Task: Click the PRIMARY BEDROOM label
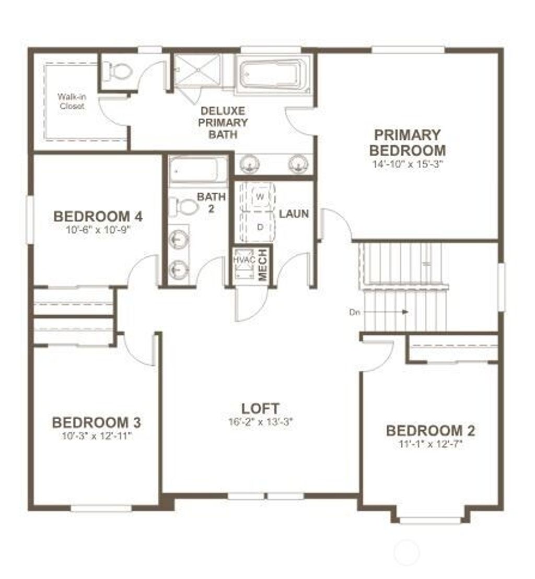click(408, 143)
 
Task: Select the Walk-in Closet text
click(72, 101)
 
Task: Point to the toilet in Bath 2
click(186, 206)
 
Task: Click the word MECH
click(263, 265)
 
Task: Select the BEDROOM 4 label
click(98, 216)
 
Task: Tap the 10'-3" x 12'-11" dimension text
click(96, 435)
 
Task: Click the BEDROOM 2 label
click(431, 431)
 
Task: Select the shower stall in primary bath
click(197, 70)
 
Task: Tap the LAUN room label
click(294, 214)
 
